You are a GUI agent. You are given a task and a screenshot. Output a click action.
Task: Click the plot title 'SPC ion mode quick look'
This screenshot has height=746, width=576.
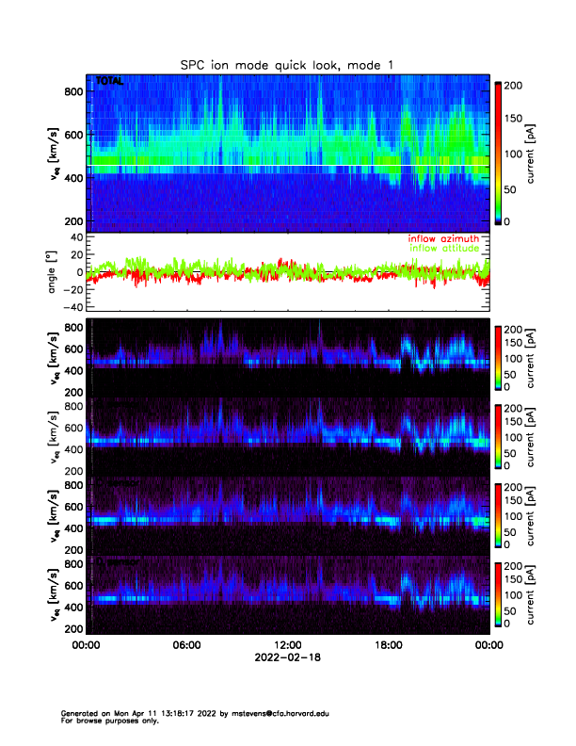click(x=287, y=65)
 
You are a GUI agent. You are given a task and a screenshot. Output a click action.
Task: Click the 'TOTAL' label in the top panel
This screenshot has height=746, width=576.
click(x=109, y=83)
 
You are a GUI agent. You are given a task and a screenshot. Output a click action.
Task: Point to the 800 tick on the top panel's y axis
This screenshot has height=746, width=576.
click(x=74, y=90)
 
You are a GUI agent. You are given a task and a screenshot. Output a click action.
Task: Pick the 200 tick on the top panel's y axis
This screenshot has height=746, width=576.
click(x=74, y=220)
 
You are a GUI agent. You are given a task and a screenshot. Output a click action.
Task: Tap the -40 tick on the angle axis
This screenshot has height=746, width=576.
click(x=70, y=307)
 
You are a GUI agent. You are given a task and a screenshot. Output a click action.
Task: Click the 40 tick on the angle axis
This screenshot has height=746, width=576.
click(x=74, y=237)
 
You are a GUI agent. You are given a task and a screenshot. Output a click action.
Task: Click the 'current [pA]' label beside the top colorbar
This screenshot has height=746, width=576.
click(x=533, y=153)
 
